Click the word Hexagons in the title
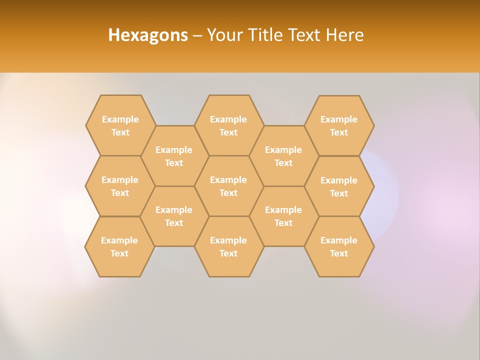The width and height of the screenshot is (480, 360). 148,35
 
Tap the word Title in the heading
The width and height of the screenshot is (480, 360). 264,35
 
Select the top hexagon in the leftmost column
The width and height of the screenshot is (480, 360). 120,125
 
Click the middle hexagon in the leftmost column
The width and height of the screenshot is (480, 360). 120,186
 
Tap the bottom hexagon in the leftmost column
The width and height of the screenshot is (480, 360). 119,246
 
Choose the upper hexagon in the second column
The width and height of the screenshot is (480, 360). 174,156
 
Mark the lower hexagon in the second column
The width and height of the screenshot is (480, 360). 174,216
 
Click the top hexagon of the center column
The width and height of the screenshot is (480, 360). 228,125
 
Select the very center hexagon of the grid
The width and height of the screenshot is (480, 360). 228,186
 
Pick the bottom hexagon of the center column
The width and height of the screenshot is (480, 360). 228,246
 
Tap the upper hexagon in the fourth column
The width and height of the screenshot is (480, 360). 283,156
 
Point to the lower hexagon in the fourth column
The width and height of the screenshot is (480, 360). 283,216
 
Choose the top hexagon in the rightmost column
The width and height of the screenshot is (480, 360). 339,125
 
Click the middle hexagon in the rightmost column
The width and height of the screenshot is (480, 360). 339,186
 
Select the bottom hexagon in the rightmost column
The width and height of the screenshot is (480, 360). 339,246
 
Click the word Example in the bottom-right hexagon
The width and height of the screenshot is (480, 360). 339,240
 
